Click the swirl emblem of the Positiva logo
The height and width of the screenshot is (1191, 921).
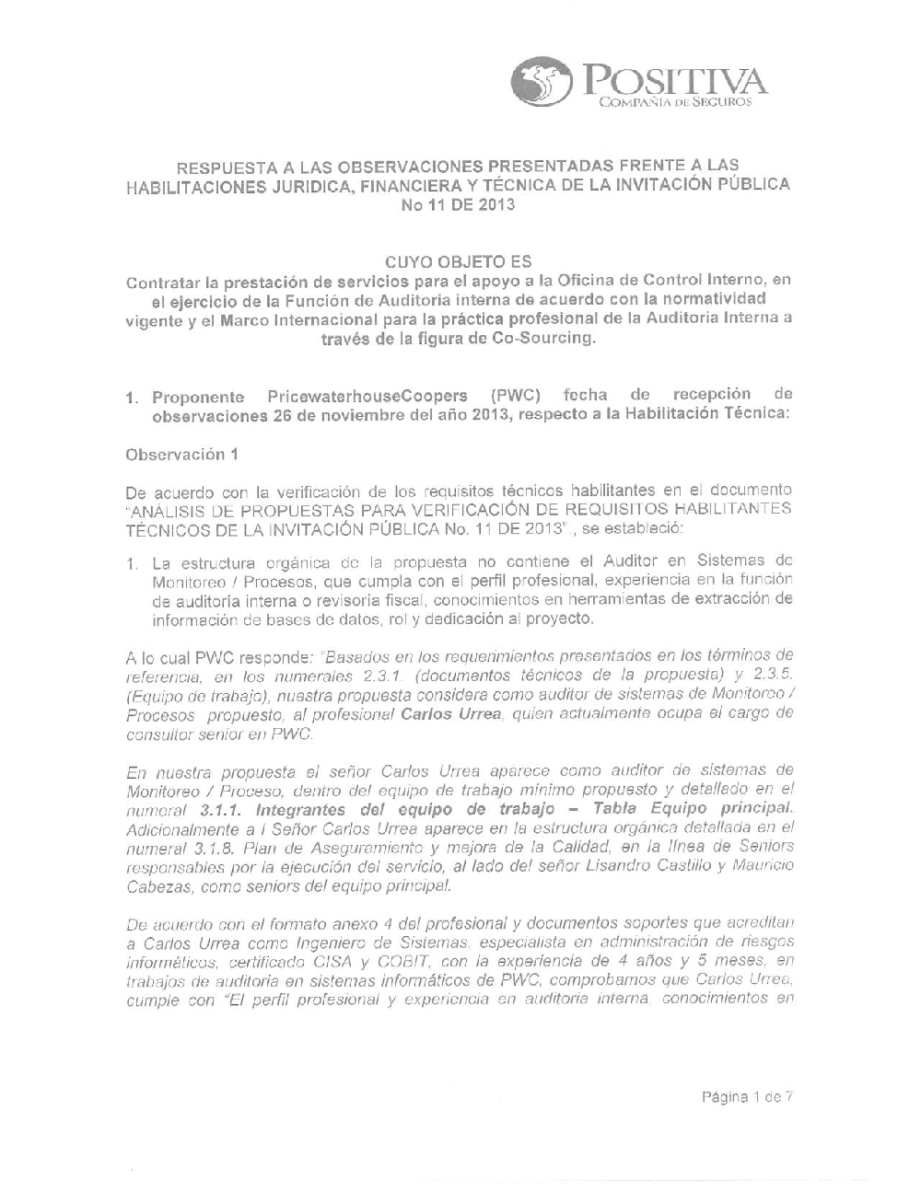541,81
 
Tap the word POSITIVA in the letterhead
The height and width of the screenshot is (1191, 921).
670,79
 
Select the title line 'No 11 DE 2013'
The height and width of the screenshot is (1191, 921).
458,205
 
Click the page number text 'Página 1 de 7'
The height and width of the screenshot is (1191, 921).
747,1096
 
